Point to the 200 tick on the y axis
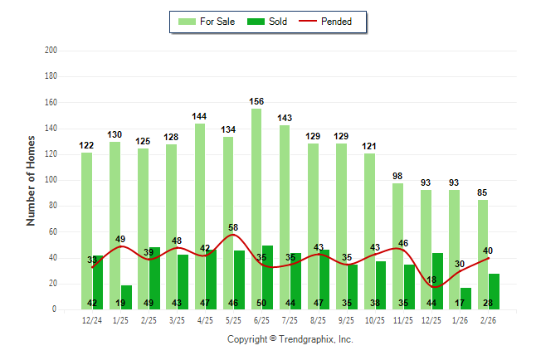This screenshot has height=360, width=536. coord(51,51)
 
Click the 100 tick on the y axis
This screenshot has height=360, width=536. coord(51,180)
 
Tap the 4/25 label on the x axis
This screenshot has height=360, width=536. coord(206,320)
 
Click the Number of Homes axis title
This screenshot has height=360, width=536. coord(32,180)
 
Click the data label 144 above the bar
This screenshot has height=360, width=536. coord(200,117)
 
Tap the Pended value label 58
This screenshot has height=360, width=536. coord(234,227)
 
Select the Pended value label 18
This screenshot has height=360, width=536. coord(431,280)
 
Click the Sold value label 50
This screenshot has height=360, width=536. coord(262,303)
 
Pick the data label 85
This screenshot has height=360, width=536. coord(483,193)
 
